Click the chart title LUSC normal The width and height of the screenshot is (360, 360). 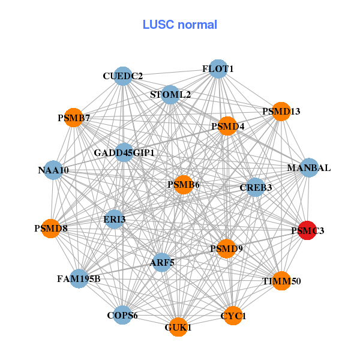pyautogui.click(x=180, y=25)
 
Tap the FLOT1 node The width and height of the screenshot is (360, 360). pyautogui.click(x=218, y=69)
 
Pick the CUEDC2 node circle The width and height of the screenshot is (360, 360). pyautogui.click(x=123, y=76)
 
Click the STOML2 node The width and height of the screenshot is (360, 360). pyautogui.click(x=170, y=95)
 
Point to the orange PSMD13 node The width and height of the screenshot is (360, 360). pyautogui.click(x=281, y=111)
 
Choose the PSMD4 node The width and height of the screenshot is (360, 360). pyautogui.click(x=227, y=126)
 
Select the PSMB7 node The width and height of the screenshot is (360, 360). pyautogui.click(x=74, y=118)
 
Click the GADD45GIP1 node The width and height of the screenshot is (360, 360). pyautogui.click(x=124, y=152)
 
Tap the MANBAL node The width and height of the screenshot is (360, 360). pyautogui.click(x=309, y=167)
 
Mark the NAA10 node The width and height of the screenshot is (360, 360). pyautogui.click(x=53, y=170)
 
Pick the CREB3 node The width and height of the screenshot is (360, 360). pyautogui.click(x=256, y=187)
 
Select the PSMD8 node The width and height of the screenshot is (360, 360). pyautogui.click(x=51, y=228)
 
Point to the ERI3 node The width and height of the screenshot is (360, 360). pyautogui.click(x=114, y=219)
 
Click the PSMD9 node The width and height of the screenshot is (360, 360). pyautogui.click(x=226, y=248)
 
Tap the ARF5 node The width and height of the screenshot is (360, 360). pyautogui.click(x=162, y=262)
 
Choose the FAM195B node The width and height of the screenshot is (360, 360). pyautogui.click(x=79, y=278)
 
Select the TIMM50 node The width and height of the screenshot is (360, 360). pyautogui.click(x=281, y=281)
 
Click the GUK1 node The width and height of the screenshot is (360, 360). pyautogui.click(x=178, y=327)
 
